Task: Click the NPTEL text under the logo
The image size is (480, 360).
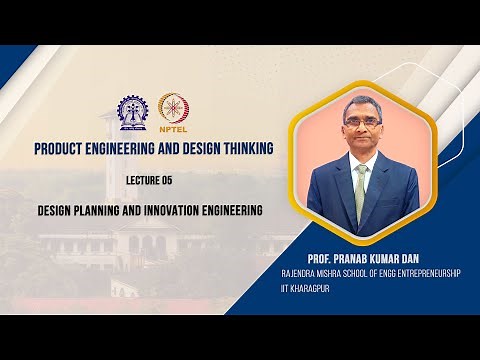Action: click(171, 129)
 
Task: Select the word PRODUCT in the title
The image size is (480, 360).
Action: click(64, 149)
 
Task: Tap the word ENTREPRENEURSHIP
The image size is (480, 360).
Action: click(424, 272)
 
